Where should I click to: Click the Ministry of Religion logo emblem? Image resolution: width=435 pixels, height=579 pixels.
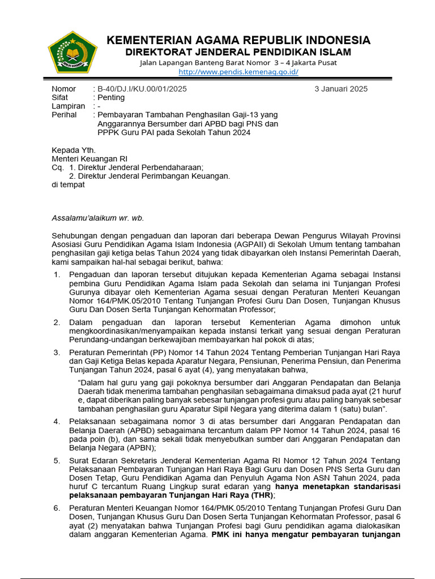(72, 55)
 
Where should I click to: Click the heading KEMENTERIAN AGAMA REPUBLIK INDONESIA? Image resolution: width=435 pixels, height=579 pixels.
(238, 40)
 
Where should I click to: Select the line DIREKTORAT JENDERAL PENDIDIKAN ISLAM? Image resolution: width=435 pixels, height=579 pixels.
(238, 53)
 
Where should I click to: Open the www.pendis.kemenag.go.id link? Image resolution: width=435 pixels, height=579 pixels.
(238, 72)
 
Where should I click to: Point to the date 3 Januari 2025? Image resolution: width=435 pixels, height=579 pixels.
(341, 89)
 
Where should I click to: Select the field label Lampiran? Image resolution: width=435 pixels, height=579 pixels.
(68, 106)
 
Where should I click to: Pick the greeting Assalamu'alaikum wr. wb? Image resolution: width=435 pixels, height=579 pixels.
(94, 218)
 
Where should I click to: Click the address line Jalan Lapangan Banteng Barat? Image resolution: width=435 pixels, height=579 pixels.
(238, 63)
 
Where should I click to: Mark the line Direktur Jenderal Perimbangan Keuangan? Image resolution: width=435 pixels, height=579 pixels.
(154, 176)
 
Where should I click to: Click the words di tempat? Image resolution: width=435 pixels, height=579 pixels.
(68, 184)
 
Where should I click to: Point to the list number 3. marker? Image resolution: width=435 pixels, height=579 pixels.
(57, 352)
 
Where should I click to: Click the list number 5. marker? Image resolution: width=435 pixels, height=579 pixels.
(57, 461)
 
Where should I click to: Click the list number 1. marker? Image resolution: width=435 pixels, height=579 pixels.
(57, 274)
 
